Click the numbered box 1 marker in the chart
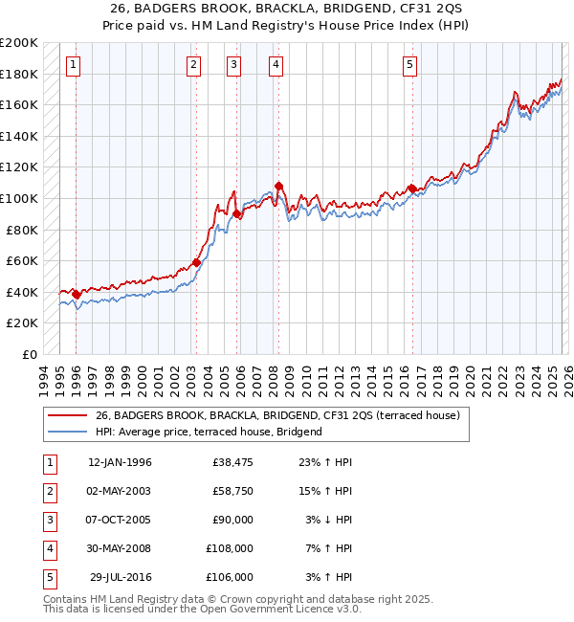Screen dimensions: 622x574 (x=75, y=65)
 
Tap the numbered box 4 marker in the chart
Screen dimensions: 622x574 (x=276, y=65)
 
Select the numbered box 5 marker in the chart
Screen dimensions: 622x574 (x=409, y=65)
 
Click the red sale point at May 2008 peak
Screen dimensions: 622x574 (x=278, y=186)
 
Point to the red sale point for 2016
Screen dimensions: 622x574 (x=412, y=189)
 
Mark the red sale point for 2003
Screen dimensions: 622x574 (x=196, y=262)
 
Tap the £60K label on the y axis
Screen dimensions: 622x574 (x=22, y=261)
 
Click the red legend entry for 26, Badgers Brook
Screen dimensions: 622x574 (x=278, y=415)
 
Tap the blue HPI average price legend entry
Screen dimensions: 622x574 (x=209, y=432)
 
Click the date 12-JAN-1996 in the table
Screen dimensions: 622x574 (x=120, y=462)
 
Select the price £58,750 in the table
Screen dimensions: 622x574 (x=229, y=491)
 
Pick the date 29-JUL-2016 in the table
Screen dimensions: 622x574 (x=120, y=577)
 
